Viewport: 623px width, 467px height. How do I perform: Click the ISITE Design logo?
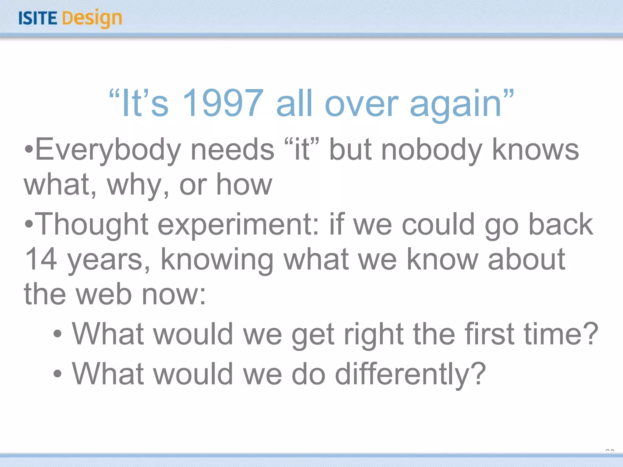(70, 18)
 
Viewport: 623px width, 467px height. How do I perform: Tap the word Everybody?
(108, 150)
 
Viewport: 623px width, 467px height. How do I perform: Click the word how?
(244, 185)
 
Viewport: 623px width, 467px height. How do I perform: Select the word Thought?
(93, 225)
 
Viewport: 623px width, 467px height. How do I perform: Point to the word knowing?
(217, 260)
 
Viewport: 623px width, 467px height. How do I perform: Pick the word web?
(104, 294)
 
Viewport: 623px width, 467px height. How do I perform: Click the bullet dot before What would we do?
(57, 374)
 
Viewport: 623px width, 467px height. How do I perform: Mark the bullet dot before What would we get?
(57, 334)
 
